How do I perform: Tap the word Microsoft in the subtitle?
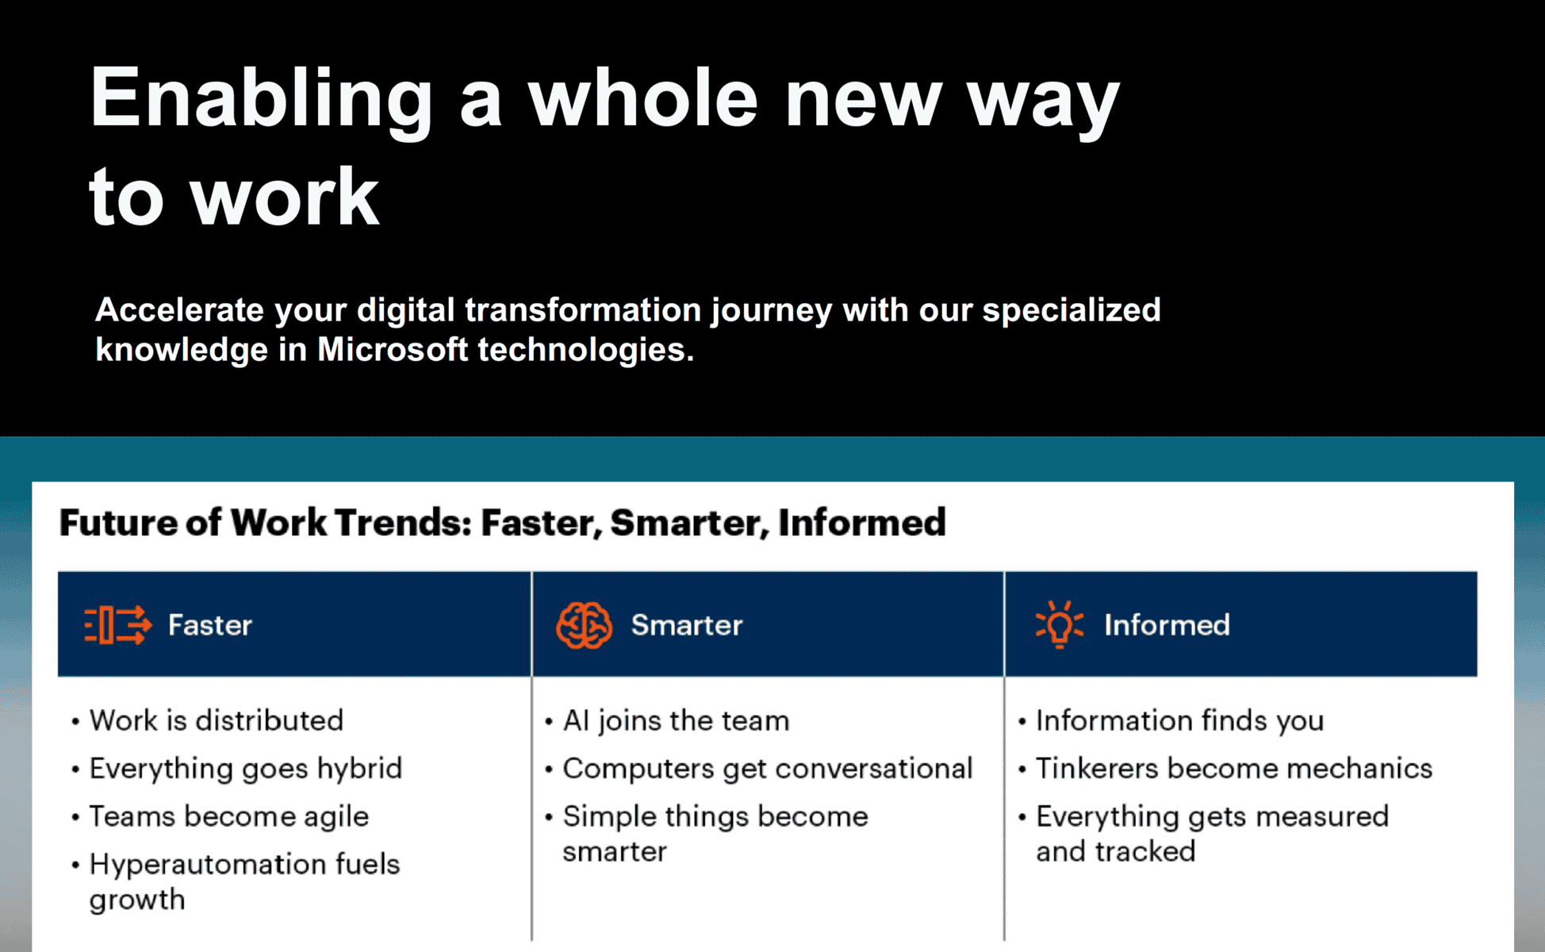(393, 349)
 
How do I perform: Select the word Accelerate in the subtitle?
(179, 309)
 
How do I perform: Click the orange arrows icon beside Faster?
(117, 625)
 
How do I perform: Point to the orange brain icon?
(584, 625)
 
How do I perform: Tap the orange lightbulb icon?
(1059, 625)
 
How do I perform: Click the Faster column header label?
(210, 625)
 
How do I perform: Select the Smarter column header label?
(687, 625)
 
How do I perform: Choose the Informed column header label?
(1167, 625)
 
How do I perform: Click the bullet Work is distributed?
(217, 720)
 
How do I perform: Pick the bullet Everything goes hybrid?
(246, 769)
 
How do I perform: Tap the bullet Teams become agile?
(229, 816)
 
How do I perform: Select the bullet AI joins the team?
(676, 720)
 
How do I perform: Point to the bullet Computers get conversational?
(767, 769)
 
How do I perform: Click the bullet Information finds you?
(1180, 720)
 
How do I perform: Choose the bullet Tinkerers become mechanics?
(1234, 769)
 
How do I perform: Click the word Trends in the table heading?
(403, 523)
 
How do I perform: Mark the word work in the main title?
(284, 198)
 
